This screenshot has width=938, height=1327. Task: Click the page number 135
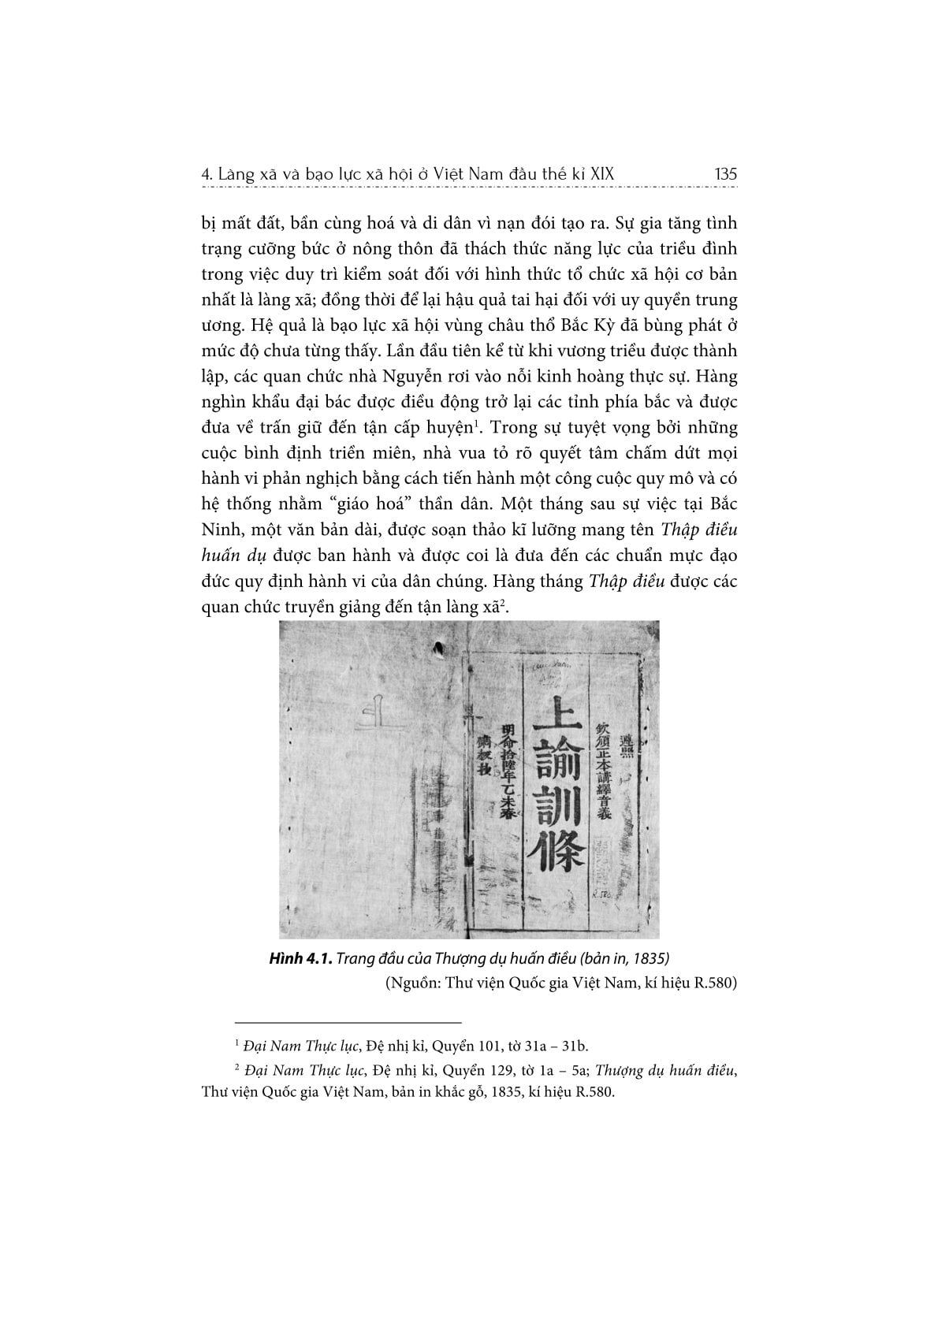[x=724, y=174]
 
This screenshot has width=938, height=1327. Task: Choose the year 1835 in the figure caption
[x=650, y=959]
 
